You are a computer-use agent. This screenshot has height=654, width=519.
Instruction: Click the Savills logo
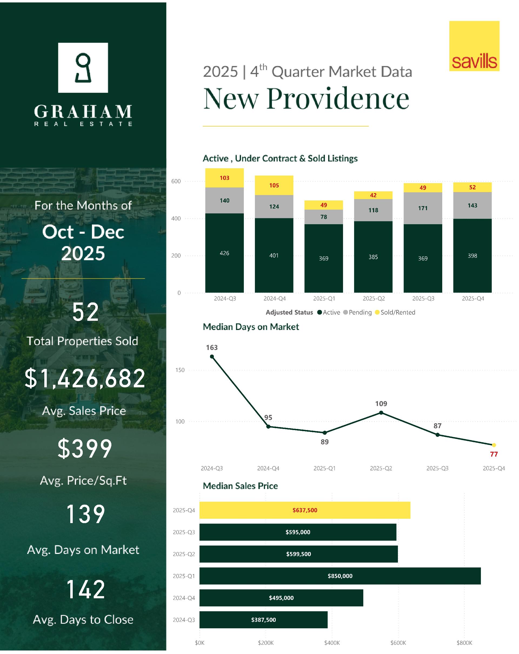click(x=474, y=46)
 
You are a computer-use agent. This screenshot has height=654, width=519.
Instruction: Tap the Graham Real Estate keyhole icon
click(x=83, y=68)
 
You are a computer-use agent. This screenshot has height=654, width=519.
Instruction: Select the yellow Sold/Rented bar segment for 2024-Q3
click(x=224, y=178)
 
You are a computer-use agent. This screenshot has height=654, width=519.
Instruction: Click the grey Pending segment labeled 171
click(x=422, y=208)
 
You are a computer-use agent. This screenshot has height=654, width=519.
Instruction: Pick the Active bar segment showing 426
click(x=224, y=253)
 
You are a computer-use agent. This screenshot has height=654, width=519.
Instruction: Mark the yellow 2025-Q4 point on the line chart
click(x=494, y=445)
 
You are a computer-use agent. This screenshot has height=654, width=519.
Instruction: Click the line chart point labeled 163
click(x=212, y=356)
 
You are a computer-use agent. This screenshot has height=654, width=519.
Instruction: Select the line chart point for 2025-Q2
click(x=381, y=412)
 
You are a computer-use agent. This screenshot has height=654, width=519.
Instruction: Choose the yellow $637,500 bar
click(x=305, y=510)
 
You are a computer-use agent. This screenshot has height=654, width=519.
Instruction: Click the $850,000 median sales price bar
click(x=340, y=576)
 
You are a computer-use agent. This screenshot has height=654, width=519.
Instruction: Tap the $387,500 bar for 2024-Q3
click(x=264, y=620)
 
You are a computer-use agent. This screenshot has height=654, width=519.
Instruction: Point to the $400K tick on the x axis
click(x=332, y=643)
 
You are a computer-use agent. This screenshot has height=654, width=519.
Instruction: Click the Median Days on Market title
click(x=251, y=327)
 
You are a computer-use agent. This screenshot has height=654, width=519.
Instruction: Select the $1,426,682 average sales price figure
click(x=85, y=378)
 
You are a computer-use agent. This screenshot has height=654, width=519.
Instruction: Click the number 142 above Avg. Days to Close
click(x=85, y=589)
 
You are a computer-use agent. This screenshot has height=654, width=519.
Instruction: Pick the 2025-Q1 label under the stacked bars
click(x=324, y=299)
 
